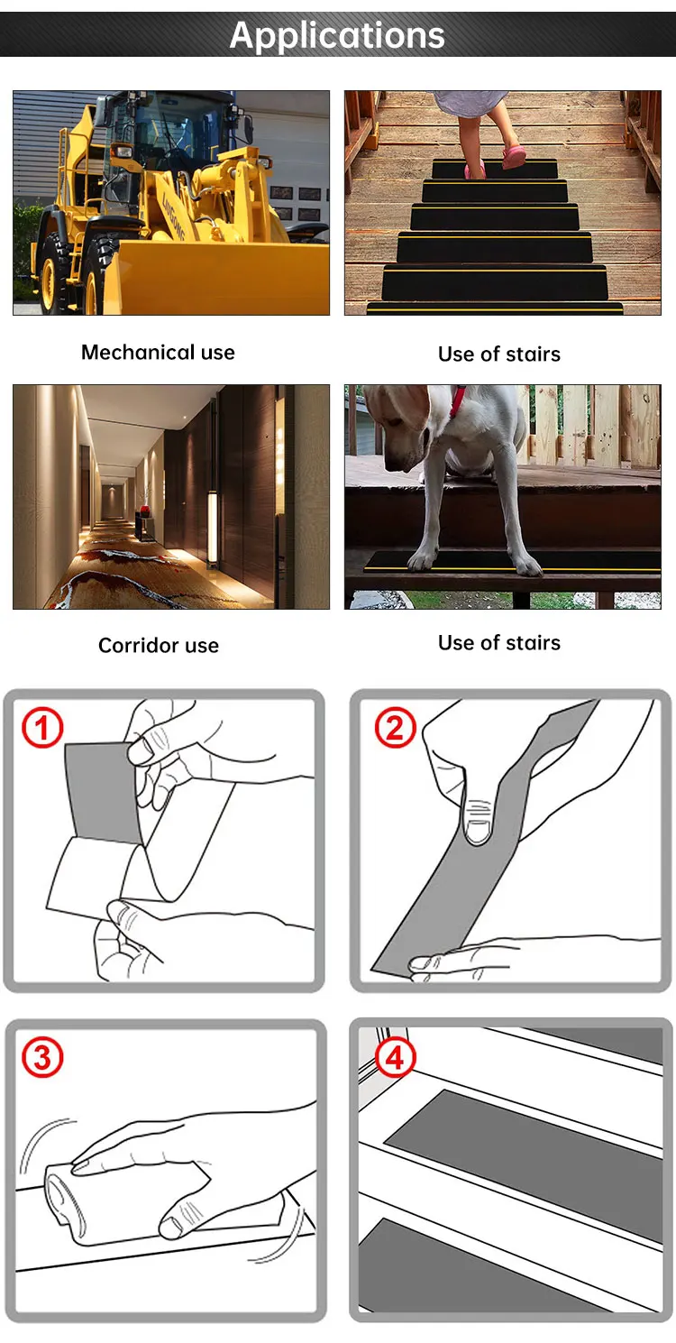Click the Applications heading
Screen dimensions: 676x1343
pos(337,35)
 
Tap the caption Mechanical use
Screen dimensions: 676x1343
pos(159,352)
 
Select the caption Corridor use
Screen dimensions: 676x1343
pos(159,645)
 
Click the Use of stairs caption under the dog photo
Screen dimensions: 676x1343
pos(499,643)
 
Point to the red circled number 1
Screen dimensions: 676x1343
pos(42,727)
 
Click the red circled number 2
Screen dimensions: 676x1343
pos(395,727)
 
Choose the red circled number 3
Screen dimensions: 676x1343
pos(42,1057)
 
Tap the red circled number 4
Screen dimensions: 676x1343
pos(395,1058)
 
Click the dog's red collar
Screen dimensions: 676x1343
pos(457,401)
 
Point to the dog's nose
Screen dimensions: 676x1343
pos(389,465)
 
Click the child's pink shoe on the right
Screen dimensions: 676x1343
pos(515,158)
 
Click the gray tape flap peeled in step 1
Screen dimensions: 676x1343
pos(101,793)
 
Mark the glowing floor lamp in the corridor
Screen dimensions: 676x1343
pos(212,529)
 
